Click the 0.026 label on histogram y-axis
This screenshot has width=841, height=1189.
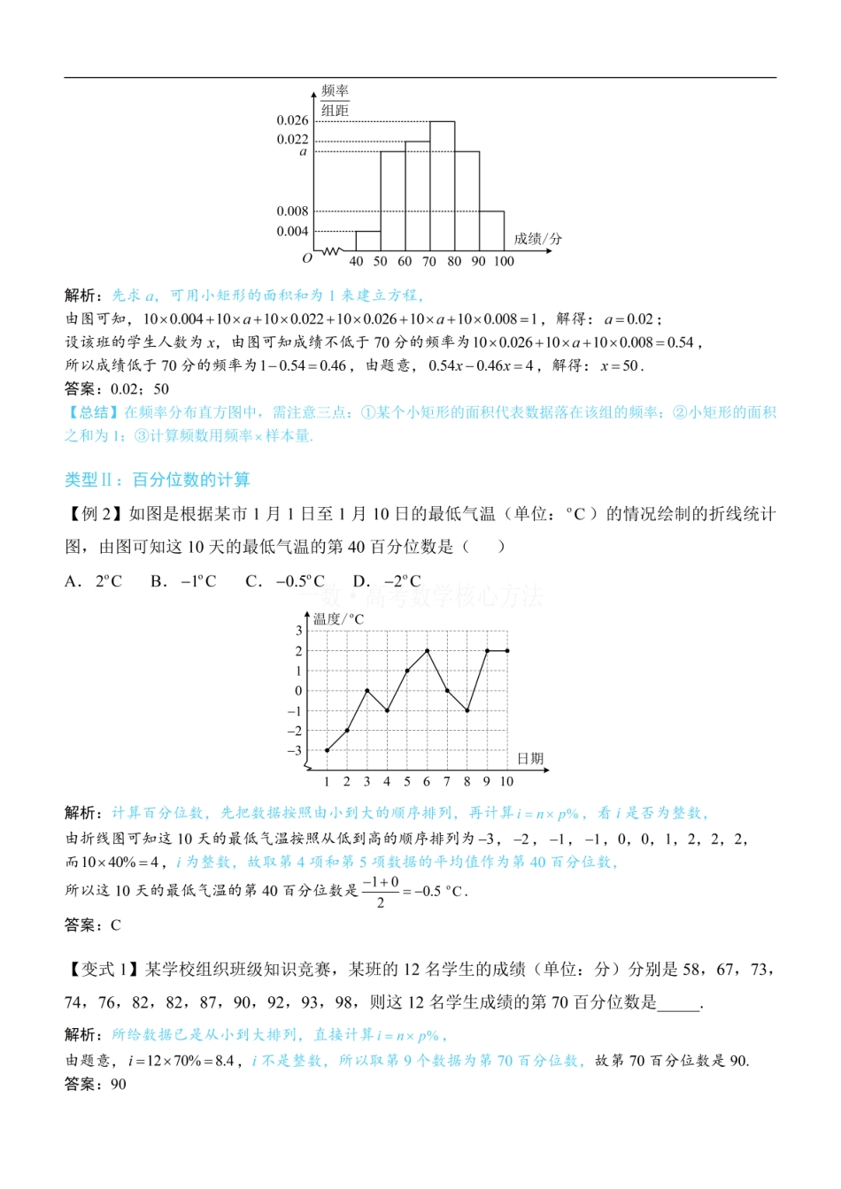pos(292,120)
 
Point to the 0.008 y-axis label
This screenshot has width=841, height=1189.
pos(292,211)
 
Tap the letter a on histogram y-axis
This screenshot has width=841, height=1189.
pos(303,152)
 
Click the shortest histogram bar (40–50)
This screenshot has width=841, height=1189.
pos(368,241)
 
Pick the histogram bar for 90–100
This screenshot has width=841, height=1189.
pos(491,231)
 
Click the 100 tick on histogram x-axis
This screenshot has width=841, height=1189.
pos(504,261)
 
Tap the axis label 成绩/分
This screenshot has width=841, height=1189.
pos(537,239)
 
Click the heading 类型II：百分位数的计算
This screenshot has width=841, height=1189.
pos(157,479)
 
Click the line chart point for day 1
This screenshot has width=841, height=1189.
pos(327,750)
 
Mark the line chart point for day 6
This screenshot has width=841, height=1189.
pos(428,651)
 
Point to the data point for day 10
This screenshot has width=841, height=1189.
pos(507,651)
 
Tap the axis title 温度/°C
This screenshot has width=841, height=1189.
pos(338,619)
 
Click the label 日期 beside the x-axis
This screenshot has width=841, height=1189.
pos(530,759)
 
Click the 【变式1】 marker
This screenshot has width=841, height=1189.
pos(104,970)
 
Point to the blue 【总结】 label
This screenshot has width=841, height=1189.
pos(92,412)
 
